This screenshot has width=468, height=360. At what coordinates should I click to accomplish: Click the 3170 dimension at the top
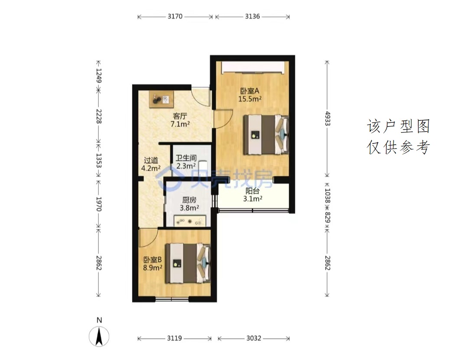click(175, 16)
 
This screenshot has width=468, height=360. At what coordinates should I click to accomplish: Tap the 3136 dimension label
click(253, 16)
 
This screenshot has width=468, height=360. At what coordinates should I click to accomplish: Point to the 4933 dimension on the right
click(328, 119)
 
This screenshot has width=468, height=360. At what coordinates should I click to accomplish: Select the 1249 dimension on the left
click(99, 75)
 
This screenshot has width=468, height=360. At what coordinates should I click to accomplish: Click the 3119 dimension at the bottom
click(174, 338)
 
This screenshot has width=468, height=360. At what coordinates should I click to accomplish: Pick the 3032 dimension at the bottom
click(253, 338)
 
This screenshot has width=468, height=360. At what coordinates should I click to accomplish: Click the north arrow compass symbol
click(99, 337)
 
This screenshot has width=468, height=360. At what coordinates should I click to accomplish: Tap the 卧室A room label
click(250, 91)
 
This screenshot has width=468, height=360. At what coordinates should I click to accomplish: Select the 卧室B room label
click(152, 260)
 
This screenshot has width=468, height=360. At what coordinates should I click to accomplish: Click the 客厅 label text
click(180, 116)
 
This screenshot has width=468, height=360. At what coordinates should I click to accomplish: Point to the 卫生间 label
click(186, 158)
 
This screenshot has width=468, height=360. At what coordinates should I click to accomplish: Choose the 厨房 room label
click(189, 200)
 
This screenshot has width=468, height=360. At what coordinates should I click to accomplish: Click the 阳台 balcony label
click(253, 191)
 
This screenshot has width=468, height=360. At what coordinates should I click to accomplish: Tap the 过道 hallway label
click(151, 160)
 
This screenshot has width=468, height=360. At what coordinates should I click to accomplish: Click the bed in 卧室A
click(266, 134)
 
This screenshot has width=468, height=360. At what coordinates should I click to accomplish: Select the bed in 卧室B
click(188, 263)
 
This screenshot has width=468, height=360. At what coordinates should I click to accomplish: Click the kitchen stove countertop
click(189, 221)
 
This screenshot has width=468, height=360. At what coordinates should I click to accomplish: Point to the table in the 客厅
click(162, 100)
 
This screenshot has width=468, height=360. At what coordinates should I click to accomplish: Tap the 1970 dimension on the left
click(99, 204)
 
